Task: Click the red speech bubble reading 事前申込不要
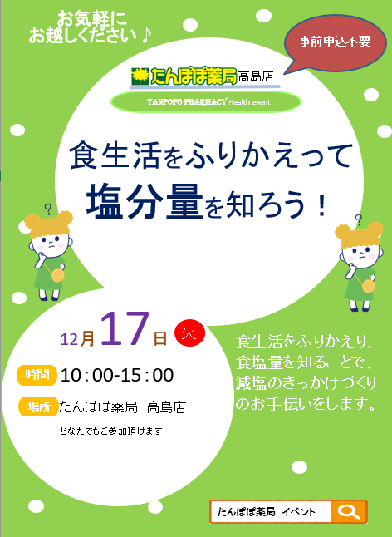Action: coord(334,42)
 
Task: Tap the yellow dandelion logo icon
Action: coord(140,76)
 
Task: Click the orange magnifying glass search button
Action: coord(349,512)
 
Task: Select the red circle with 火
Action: coord(189,333)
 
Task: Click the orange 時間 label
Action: coord(37,375)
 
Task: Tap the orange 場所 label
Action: coord(38,406)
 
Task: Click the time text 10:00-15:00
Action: coord(117,376)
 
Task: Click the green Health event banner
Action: coord(206,101)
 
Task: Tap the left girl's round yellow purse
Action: coord(57,275)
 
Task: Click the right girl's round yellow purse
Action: coord(369,286)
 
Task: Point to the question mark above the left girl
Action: coord(48,209)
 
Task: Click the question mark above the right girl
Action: coord(359,219)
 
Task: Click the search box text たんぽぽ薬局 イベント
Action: coord(266,512)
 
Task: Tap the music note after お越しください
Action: coord(146,35)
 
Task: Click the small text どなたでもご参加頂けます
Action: coord(110,431)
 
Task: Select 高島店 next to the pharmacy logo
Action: coord(256,76)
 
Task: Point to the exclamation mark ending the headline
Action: coord(321,204)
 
